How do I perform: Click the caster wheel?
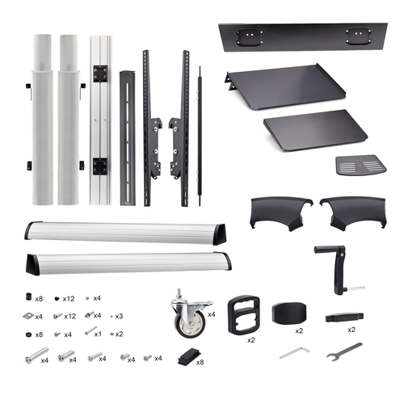point(190,315)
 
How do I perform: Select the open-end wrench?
point(344,351)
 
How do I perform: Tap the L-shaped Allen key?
point(295,352)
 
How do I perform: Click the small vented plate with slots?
point(361,165)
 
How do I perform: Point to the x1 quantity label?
point(98,335)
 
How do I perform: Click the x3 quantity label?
point(119,316)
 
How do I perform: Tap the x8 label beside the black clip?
point(200,362)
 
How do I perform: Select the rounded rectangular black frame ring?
point(244,314)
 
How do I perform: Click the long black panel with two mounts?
point(303,37)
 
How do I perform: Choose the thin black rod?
point(200,136)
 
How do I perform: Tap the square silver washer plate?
point(28,316)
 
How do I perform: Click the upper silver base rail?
point(125,233)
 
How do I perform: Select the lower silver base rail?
point(128,263)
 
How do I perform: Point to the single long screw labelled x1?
point(90,330)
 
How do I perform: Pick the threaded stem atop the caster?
point(179,294)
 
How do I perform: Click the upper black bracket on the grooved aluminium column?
point(100,74)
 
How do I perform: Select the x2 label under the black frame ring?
point(251,340)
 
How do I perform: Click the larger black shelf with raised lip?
point(285,86)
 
